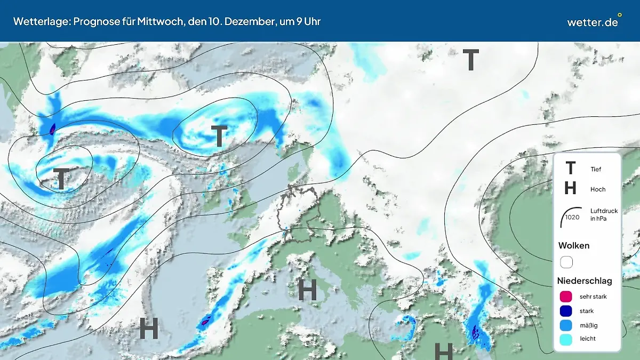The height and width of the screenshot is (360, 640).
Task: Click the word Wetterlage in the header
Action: pyautogui.click(x=37, y=21)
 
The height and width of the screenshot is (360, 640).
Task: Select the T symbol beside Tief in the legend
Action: pyautogui.click(x=570, y=169)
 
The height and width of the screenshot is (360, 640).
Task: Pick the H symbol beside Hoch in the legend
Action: pyautogui.click(x=570, y=189)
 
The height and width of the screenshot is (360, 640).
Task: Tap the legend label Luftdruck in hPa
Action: pyautogui.click(x=604, y=214)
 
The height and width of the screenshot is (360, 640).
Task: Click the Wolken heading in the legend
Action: pyautogui.click(x=573, y=246)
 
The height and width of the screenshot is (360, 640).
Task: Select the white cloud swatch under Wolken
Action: pyautogui.click(x=566, y=262)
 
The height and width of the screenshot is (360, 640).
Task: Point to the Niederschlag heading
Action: pyautogui.click(x=585, y=281)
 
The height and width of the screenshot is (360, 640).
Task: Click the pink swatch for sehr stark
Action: pyautogui.click(x=566, y=297)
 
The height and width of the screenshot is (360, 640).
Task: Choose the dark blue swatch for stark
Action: pyautogui.click(x=566, y=311)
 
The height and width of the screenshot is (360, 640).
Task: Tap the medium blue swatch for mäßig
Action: pyautogui.click(x=566, y=325)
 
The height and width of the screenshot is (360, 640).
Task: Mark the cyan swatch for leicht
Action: pyautogui.click(x=566, y=339)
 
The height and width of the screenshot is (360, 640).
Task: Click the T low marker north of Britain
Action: pyautogui.click(x=219, y=137)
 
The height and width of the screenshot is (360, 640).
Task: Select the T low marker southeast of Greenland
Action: pyautogui.click(x=61, y=179)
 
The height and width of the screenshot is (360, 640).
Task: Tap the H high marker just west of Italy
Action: pyautogui.click(x=307, y=289)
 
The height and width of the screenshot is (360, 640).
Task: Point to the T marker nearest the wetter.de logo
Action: pyautogui.click(x=470, y=60)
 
